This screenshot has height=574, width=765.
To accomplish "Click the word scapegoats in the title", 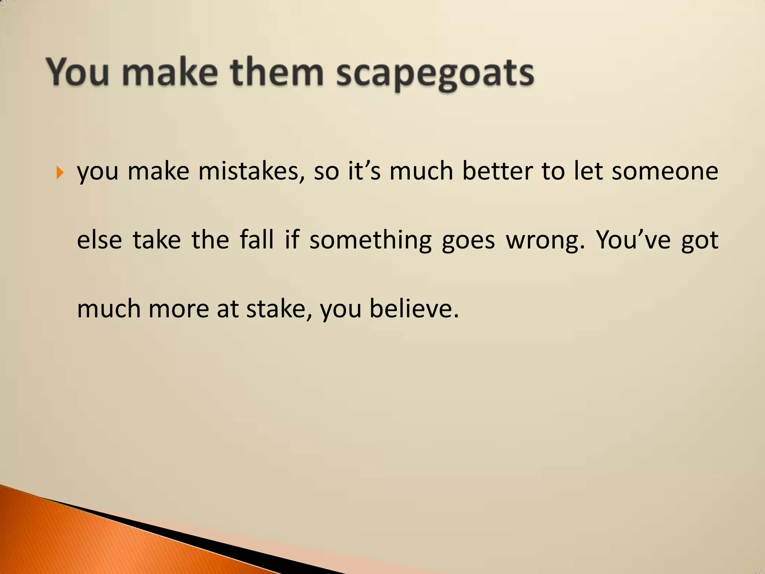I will (x=435, y=74).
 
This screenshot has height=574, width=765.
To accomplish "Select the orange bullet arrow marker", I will (x=59, y=173).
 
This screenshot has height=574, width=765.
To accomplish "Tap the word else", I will (x=99, y=240).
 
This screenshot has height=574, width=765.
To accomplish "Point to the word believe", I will (x=414, y=309).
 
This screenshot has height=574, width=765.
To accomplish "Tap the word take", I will (x=157, y=240).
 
